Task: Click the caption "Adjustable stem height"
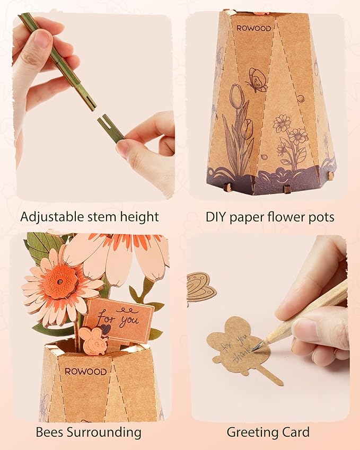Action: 89,216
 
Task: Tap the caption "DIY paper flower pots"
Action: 269,216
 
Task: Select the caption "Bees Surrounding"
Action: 89,432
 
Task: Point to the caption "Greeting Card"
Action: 268,432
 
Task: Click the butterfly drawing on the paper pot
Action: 257,80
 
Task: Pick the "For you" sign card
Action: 118,320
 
